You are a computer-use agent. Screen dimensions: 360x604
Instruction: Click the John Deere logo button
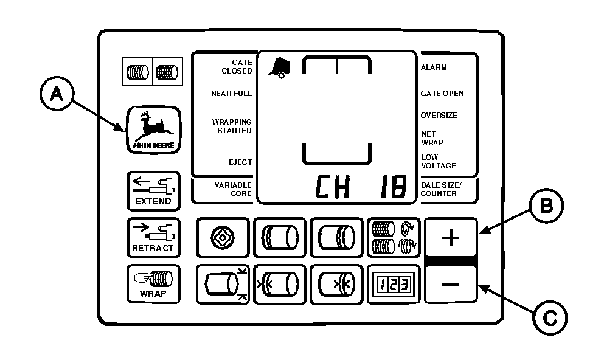point(153,129)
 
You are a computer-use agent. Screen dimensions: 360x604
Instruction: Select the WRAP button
point(153,284)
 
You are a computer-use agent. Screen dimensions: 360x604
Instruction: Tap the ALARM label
point(434,67)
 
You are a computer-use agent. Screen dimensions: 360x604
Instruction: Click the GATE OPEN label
point(442,94)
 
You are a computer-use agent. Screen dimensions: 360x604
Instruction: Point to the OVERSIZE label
point(439,116)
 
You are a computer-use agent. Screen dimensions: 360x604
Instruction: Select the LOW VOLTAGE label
point(438,162)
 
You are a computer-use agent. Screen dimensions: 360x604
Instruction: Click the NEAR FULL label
point(231,94)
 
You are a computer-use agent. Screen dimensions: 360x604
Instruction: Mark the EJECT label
point(240,162)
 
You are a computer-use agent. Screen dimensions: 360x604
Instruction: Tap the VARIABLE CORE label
point(232,189)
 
